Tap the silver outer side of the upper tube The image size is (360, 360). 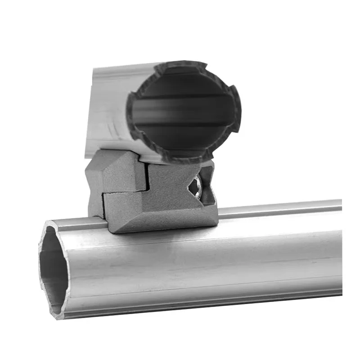[108, 108]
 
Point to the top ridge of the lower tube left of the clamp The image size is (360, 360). [76, 220]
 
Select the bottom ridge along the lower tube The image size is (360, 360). [202, 306]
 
